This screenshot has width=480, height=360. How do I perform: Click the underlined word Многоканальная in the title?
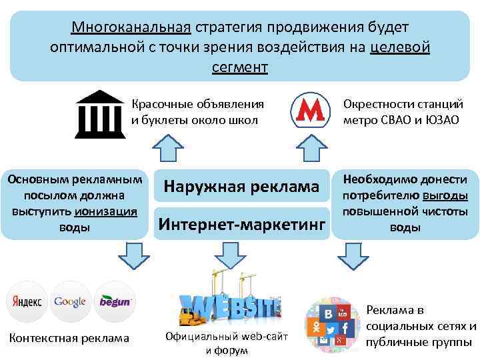click(x=131, y=28)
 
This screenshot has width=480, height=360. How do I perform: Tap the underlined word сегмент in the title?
click(x=240, y=67)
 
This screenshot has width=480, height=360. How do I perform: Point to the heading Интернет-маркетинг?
click(x=241, y=223)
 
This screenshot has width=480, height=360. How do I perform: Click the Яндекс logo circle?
click(x=26, y=301)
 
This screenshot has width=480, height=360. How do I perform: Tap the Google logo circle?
click(x=70, y=301)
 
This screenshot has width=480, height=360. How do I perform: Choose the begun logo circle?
click(x=115, y=301)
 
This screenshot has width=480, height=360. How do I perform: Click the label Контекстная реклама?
click(x=69, y=338)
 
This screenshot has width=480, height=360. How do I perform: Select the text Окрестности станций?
click(x=403, y=105)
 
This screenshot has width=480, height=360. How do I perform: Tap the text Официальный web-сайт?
click(x=227, y=337)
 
